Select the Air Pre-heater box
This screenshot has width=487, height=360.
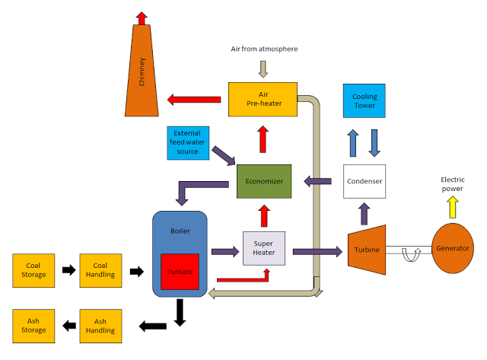(263, 99)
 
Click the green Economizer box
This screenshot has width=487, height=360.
(264, 182)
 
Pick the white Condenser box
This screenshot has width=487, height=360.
(364, 181)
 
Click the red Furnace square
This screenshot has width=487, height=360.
(180, 272)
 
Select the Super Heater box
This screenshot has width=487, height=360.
(263, 249)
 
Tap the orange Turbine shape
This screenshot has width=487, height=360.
(368, 248)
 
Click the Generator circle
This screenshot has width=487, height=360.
(452, 248)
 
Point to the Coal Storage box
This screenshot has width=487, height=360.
(33, 269)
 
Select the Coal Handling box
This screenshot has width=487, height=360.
(100, 269)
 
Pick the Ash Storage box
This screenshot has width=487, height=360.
(33, 326)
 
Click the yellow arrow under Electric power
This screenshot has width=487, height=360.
(453, 205)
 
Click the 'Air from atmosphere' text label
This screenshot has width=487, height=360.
(264, 49)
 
